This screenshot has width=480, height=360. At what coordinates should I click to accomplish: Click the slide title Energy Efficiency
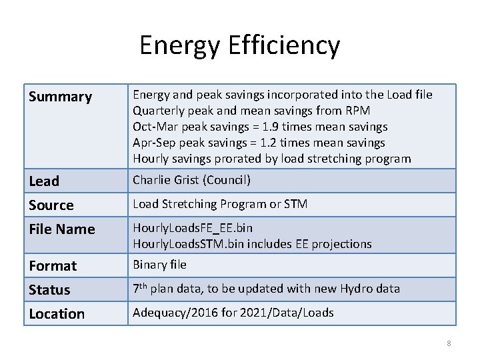click(239, 46)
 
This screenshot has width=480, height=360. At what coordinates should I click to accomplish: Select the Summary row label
click(61, 97)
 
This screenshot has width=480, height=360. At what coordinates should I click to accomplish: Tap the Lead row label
click(45, 181)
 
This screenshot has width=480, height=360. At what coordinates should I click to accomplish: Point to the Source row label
click(51, 205)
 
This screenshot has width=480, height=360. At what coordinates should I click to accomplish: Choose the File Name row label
click(62, 229)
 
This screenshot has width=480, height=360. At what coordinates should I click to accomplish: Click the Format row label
click(53, 265)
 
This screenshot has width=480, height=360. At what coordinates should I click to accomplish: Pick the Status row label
click(49, 289)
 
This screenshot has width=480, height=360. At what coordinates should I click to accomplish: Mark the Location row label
click(57, 313)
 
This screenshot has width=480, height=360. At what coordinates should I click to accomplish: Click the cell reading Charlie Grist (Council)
click(191, 180)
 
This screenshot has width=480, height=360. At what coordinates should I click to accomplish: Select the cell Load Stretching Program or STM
click(220, 204)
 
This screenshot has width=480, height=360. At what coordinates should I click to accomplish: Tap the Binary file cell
click(159, 265)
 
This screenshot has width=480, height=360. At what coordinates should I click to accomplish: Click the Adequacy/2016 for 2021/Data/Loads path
click(233, 313)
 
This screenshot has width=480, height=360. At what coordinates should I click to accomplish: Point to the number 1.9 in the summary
click(271, 127)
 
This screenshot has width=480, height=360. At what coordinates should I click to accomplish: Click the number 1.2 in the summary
click(268, 143)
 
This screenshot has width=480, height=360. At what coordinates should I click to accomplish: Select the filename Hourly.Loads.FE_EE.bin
click(193, 228)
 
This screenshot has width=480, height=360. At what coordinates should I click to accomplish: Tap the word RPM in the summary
click(357, 111)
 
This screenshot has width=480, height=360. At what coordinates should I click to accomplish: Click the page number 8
click(449, 343)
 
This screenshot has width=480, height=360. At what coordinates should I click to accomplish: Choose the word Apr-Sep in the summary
click(153, 143)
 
